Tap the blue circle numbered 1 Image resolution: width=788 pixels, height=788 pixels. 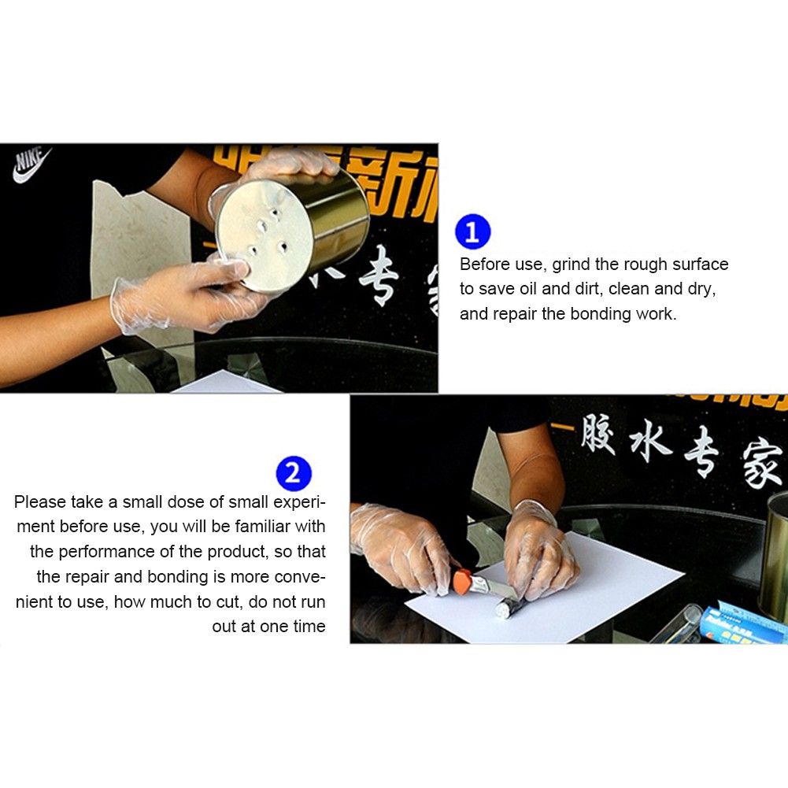pos(472,232)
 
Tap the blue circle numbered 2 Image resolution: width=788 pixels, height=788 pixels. pos(294,475)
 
